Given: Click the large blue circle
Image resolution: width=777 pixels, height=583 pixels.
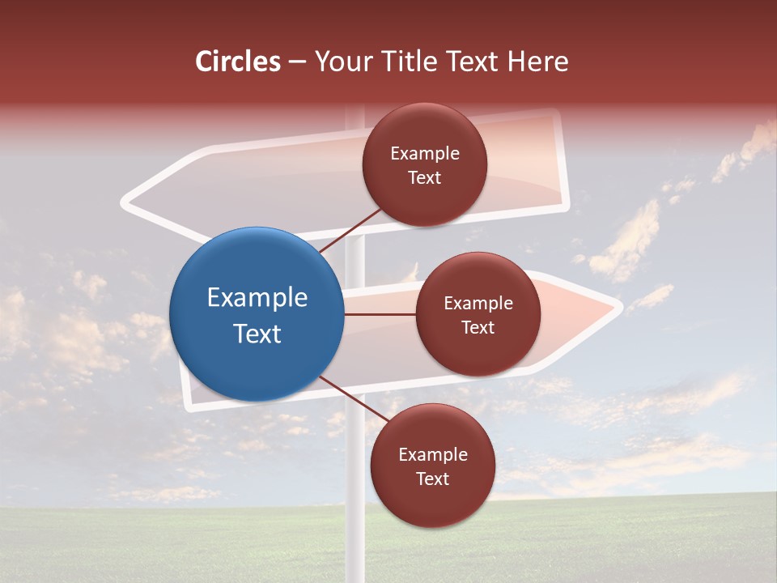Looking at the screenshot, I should [256, 314].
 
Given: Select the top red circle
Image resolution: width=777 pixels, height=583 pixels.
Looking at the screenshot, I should [425, 165].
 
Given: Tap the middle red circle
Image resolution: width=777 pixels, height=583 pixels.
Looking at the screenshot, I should [478, 314].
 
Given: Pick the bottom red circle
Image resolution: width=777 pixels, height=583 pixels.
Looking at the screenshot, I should [432, 466].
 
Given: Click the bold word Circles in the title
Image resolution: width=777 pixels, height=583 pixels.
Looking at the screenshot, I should [237, 62].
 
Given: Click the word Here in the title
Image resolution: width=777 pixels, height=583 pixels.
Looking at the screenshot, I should [538, 62].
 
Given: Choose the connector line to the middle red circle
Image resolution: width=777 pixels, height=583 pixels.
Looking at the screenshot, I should [379, 314].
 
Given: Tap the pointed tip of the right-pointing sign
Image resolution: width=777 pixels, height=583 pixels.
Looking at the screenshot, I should [618, 307].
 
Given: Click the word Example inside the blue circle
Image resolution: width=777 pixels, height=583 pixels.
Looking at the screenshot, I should [257, 297].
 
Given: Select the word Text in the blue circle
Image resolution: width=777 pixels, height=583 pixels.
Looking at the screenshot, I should [257, 333].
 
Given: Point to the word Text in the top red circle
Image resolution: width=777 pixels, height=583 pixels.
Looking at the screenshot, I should [425, 177].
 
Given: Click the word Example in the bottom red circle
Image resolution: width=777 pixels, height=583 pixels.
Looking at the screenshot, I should [432, 454].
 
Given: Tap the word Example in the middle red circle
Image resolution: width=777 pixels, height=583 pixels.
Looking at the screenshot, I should [478, 303].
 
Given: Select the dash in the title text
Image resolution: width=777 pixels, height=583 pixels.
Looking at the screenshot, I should [297, 62].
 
